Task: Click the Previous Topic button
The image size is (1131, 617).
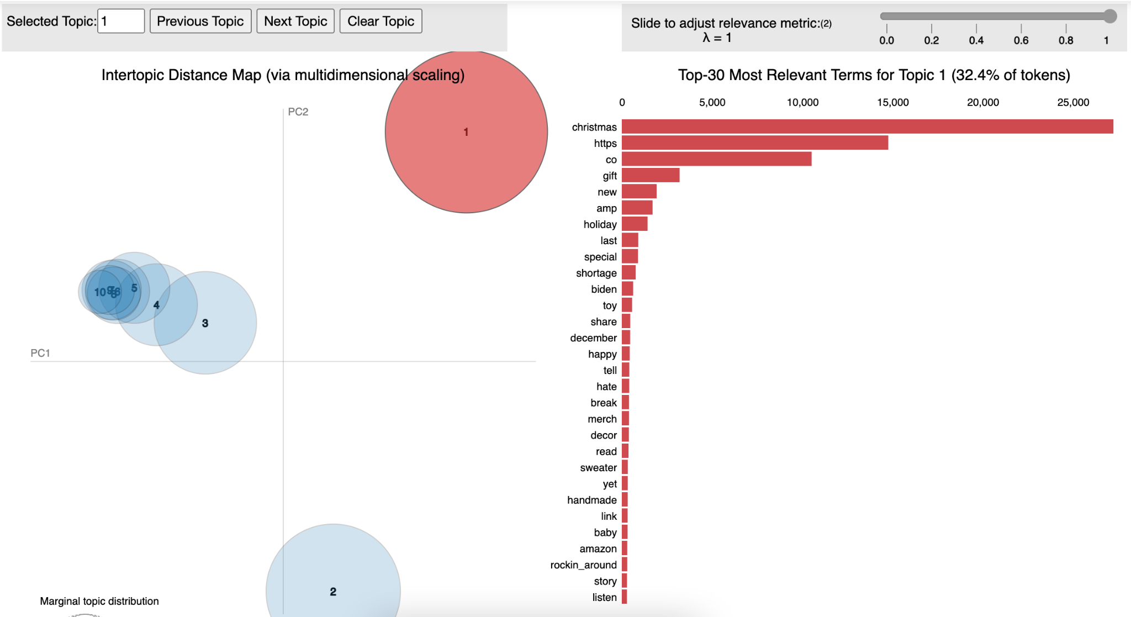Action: [x=200, y=22]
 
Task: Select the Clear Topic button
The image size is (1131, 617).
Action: [x=380, y=22]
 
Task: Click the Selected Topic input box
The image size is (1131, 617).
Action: [x=121, y=22]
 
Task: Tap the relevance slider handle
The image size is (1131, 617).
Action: [x=1110, y=16]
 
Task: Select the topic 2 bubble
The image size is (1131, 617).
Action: [x=333, y=574]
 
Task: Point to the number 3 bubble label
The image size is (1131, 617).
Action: [x=205, y=323]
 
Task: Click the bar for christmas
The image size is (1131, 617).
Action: [x=867, y=127]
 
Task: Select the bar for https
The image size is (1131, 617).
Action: [x=754, y=143]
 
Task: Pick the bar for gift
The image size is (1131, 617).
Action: [x=651, y=176]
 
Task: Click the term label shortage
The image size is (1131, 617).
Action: [x=596, y=273]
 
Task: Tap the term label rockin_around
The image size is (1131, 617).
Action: [x=583, y=565]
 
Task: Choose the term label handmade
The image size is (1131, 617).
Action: [x=591, y=500]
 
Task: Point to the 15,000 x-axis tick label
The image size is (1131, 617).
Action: [x=892, y=102]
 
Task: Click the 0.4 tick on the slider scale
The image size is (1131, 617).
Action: [x=976, y=40]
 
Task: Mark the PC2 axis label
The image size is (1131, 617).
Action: [x=298, y=112]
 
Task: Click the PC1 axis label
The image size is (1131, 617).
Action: [x=40, y=353]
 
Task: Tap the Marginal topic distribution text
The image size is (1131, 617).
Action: [x=99, y=601]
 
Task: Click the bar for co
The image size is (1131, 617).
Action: [x=716, y=159]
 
